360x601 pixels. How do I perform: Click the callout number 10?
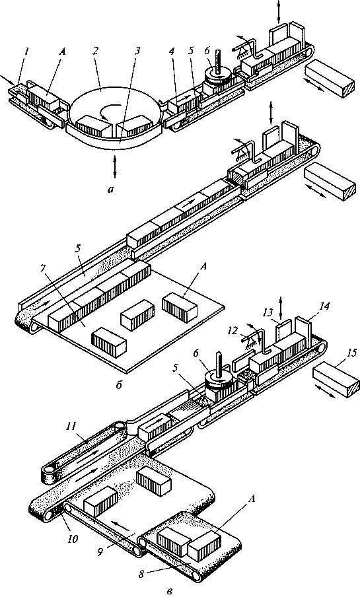(72, 538)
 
